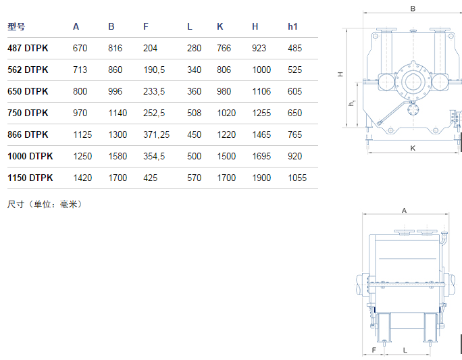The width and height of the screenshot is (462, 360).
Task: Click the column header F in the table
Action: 146,27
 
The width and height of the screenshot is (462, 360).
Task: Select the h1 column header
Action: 292,27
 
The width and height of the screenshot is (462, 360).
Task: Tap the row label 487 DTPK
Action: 28,49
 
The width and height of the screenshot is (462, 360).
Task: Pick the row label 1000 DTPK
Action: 30,156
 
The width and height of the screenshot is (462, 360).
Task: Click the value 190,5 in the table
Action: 154,70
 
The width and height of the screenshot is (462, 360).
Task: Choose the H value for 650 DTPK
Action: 261,91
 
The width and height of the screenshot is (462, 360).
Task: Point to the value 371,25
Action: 156,134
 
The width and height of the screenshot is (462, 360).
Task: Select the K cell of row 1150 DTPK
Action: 226,178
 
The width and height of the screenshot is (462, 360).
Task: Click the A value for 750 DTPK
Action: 80,113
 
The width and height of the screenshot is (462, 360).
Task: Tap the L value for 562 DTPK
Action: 194,70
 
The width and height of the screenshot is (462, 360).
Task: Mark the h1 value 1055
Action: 297,178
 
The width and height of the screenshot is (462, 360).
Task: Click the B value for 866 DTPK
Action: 118,134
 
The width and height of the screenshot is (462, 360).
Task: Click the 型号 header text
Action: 16,27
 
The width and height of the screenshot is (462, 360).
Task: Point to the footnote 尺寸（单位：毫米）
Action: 45,204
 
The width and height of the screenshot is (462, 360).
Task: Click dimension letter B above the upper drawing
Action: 413,9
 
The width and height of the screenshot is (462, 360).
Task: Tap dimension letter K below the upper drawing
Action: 413,148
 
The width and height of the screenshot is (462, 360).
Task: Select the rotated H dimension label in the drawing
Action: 340,74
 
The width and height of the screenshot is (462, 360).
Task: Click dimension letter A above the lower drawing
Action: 404,211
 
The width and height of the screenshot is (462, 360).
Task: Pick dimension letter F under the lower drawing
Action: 374,350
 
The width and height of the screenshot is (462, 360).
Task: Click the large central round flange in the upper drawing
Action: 413,82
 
